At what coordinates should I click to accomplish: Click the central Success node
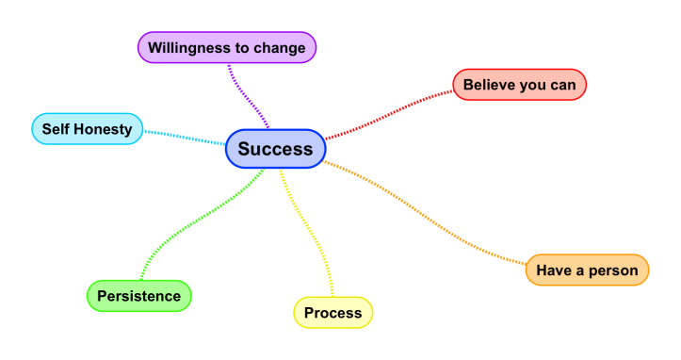[275, 149]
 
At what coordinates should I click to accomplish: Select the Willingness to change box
[226, 47]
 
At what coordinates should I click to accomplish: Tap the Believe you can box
[519, 84]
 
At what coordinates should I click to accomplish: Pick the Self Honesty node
[87, 128]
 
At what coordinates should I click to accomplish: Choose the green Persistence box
[138, 296]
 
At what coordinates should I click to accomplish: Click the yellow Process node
[332, 312]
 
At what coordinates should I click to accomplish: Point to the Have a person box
[587, 270]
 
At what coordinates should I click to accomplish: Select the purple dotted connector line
[247, 95]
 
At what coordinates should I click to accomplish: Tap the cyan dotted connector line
[184, 137]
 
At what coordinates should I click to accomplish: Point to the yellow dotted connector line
[311, 236]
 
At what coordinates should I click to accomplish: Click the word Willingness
[193, 47]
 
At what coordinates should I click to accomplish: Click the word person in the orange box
[613, 270]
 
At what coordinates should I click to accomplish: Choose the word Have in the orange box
[554, 270]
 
